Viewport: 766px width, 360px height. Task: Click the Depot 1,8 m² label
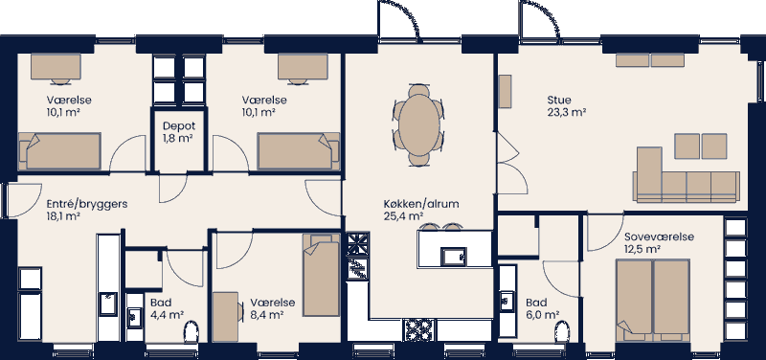point(178,131)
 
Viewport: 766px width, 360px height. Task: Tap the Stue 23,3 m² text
point(566,105)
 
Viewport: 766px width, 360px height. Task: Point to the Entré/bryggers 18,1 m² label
point(87,210)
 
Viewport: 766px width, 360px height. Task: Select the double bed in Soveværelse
point(653,297)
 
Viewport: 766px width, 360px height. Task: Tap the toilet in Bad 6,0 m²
point(563,334)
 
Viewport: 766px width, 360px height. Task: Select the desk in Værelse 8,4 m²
point(226,316)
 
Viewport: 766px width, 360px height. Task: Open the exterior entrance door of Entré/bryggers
point(16,199)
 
